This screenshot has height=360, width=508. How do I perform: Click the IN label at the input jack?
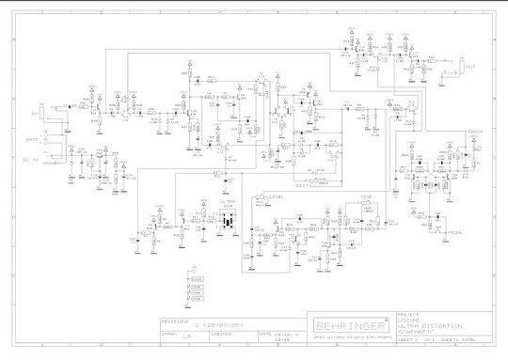(34, 114)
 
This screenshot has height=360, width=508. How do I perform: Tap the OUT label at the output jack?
(471, 67)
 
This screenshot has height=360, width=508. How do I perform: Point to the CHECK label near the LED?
(475, 133)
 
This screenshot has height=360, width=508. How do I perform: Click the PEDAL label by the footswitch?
(454, 232)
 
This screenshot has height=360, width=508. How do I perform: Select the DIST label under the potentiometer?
(303, 185)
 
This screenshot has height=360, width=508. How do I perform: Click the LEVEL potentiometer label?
(277, 197)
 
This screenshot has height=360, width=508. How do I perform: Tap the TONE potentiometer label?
(366, 198)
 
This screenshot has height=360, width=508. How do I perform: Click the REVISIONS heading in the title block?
(177, 318)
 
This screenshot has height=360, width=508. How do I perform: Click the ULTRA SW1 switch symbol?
(228, 224)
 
